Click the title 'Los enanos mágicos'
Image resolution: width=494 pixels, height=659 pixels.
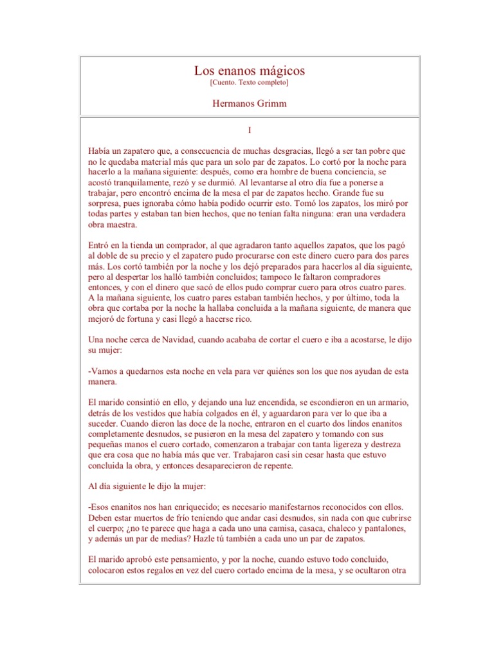[x=249, y=70]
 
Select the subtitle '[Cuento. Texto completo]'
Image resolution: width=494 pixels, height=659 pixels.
[x=249, y=83]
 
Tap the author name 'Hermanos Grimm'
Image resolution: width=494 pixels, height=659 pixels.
[x=249, y=103]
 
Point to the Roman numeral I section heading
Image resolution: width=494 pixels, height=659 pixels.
[x=249, y=129]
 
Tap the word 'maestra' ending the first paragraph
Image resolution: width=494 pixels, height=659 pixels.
[x=128, y=225]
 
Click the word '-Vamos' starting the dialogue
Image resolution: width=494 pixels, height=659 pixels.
[x=103, y=371]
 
